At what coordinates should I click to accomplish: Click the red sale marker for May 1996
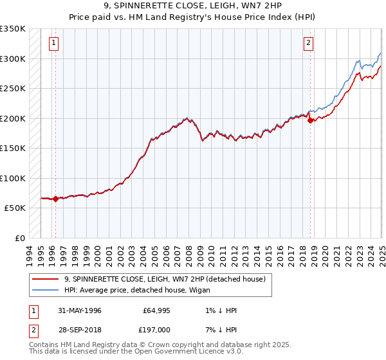[55, 199]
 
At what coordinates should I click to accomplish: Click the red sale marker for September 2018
[310, 120]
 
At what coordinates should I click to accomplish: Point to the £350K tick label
[12, 29]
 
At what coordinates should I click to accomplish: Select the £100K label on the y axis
[12, 178]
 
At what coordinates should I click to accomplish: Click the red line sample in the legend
[45, 278]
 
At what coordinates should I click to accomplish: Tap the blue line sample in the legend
[45, 290]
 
